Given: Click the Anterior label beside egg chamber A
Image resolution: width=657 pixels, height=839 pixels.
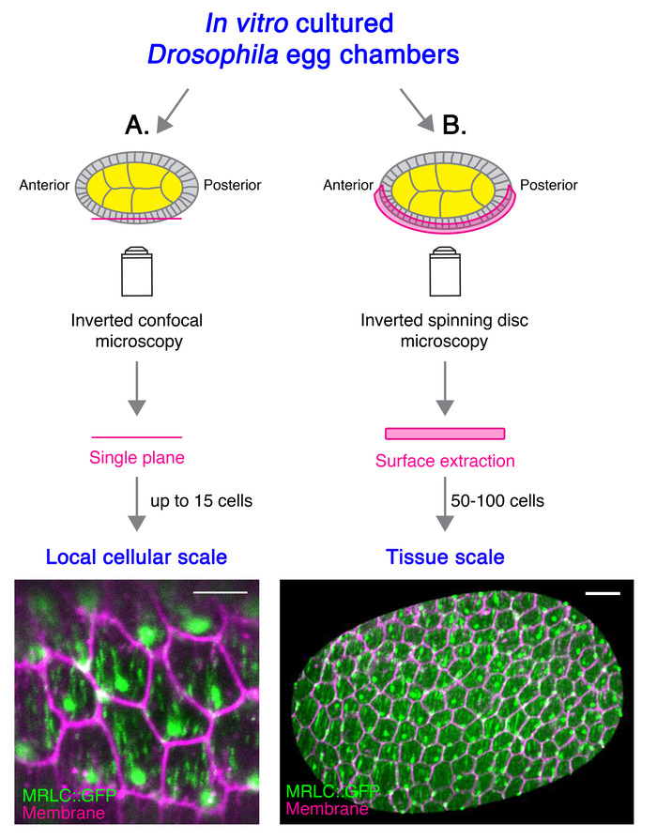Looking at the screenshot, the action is point(44,185).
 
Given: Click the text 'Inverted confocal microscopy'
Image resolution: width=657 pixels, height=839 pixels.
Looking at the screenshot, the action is point(137,331).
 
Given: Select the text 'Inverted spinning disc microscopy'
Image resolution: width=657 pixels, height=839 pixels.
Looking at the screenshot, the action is point(444,331).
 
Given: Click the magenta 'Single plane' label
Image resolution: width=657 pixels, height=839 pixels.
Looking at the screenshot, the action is point(136,459).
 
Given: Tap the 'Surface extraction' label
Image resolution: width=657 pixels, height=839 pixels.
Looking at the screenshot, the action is point(444,461).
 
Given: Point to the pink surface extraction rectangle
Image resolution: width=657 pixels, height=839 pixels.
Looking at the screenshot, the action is point(445,434).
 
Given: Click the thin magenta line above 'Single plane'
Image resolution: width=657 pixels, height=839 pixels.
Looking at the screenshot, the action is point(136,436).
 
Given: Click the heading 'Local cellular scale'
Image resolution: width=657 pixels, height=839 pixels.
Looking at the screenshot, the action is point(137,557).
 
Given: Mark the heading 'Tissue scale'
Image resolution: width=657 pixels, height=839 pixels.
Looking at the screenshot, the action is point(445,557).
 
